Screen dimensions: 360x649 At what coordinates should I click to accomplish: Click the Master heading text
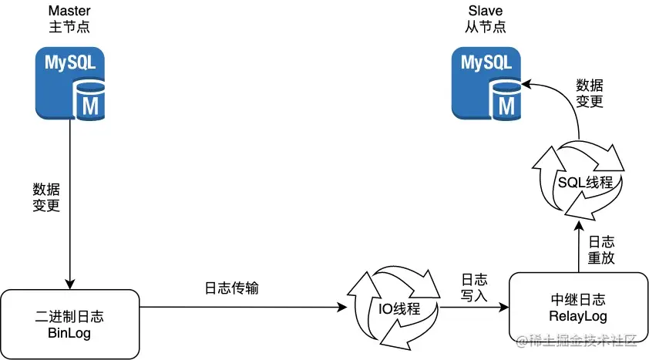pyautogui.click(x=69, y=11)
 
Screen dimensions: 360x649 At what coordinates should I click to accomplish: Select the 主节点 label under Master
pyautogui.click(x=69, y=27)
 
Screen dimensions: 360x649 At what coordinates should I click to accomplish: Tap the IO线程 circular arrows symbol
pyautogui.click(x=393, y=309)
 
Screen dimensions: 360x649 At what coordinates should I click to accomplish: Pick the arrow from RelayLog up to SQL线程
pyautogui.click(x=577, y=248)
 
